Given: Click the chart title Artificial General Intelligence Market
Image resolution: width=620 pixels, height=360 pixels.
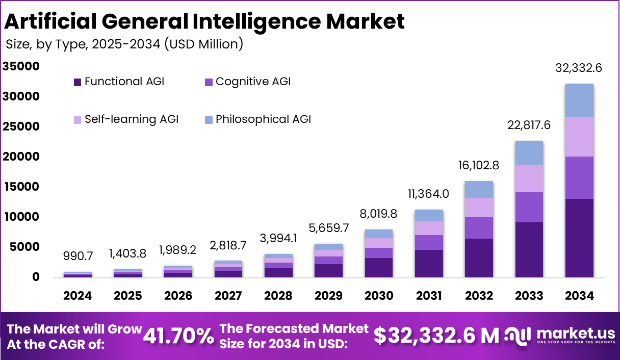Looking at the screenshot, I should [x=204, y=21].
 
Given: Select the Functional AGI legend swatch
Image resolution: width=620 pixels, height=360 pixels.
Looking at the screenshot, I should [x=77, y=82].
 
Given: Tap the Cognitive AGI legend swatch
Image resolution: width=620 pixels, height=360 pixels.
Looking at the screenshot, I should [x=209, y=82].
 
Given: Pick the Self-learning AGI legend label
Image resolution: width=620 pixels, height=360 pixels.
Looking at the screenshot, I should [x=132, y=119].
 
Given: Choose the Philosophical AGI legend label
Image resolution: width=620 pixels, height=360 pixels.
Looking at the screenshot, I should [x=263, y=119].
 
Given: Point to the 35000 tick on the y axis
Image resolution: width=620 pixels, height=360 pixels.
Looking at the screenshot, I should [x=21, y=66].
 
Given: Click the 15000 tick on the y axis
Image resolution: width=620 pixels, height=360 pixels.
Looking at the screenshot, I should [x=21, y=187].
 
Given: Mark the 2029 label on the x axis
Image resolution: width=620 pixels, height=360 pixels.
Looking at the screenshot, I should [x=329, y=296].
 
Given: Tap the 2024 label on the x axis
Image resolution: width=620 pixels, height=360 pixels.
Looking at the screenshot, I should [x=77, y=296].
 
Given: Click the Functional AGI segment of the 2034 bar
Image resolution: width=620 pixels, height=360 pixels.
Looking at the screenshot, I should [x=579, y=238].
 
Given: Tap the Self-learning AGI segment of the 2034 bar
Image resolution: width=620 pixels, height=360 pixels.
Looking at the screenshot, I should [x=579, y=137].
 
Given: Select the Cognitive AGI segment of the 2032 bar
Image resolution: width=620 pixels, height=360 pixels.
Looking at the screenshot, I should [x=478, y=228].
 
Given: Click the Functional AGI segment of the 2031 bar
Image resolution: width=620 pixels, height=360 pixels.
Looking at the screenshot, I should [x=428, y=264].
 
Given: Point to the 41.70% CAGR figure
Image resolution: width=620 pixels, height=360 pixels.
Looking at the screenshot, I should [x=178, y=336].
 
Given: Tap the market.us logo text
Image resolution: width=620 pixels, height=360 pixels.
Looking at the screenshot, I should [x=576, y=333].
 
